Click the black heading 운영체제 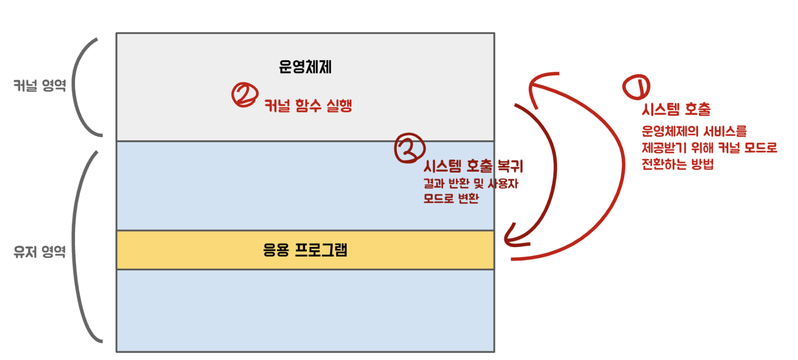[305, 67]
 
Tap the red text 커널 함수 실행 [308, 105]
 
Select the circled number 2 [245, 95]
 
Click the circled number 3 [409, 148]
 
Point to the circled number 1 [636, 87]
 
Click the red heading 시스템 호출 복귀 [473, 166]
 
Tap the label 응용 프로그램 [305, 250]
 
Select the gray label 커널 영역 [40, 86]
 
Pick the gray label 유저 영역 [40, 252]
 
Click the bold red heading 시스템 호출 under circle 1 [676, 109]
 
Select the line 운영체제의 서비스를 [694, 131]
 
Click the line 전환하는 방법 [677, 164]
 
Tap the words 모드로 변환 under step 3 [451, 199]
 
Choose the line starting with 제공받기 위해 [709, 148]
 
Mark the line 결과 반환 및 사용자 [471, 184]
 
